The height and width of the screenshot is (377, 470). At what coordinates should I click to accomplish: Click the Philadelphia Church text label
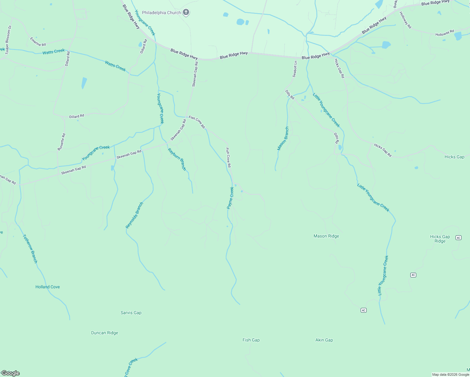coord(161,13)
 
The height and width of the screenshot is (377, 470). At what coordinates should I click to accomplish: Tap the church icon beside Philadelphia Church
coord(186,13)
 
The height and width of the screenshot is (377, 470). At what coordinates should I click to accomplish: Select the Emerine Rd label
coord(38,42)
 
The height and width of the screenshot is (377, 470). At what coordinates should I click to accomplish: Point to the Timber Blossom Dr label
coord(8,40)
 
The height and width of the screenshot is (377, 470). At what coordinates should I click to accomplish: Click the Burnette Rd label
coord(61,142)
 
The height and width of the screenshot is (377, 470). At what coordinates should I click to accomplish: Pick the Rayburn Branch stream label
coord(177,159)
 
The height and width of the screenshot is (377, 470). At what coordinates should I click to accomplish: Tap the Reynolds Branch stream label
coord(134,215)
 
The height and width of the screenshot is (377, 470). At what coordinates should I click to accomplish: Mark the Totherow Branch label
coord(30,249)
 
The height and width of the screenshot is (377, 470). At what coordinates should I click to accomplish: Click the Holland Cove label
coord(47,287)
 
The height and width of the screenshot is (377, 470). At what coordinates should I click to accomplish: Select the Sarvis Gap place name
coord(131,313)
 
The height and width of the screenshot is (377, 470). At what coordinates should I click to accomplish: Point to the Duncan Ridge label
coord(105,333)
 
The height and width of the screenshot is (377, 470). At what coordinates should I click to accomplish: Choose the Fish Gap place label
coord(251,340)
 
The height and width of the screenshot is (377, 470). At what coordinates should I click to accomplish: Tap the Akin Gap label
coord(324,340)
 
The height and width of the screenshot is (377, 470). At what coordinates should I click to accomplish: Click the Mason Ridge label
coord(326,236)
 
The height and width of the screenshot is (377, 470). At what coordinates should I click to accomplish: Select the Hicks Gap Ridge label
coord(440,239)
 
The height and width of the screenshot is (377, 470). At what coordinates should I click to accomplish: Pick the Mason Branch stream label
coord(283,139)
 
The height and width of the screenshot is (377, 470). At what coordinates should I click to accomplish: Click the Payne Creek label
coord(231,198)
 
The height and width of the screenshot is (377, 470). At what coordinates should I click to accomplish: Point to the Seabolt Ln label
coord(295,69)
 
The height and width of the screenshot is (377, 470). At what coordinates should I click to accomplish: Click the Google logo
coord(10,373)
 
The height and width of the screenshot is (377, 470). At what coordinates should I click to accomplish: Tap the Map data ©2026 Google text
coord(450,374)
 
